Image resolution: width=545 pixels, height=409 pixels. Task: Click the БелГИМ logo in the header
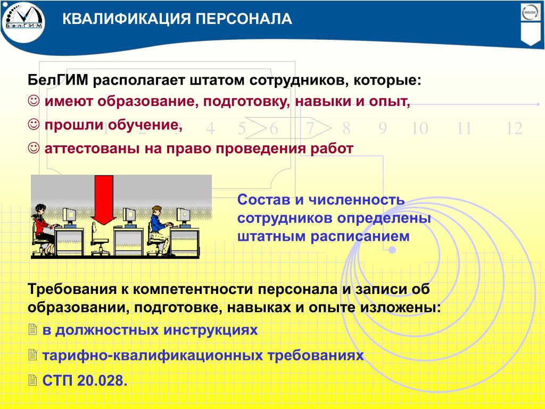pyautogui.click(x=23, y=21)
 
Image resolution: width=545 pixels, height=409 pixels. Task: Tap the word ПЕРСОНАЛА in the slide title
pyautogui.click(x=244, y=19)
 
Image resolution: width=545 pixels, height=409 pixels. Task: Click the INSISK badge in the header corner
pyautogui.click(x=530, y=13)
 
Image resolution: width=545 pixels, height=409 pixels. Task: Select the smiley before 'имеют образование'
pyautogui.click(x=34, y=101)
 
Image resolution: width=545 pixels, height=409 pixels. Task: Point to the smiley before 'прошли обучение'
pyautogui.click(x=34, y=125)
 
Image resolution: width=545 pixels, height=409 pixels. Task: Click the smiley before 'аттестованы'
pyautogui.click(x=34, y=148)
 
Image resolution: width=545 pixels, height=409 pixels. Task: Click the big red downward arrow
pyautogui.click(x=104, y=200)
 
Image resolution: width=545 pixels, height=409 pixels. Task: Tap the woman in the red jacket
pyautogui.click(x=43, y=229)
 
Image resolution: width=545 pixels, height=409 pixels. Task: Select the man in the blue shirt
pyautogui.click(x=159, y=230)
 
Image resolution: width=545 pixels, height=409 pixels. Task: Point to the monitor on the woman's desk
pyautogui.click(x=69, y=217)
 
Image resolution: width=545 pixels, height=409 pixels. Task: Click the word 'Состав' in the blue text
pyautogui.click(x=264, y=200)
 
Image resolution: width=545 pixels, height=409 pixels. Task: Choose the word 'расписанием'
pyautogui.click(x=360, y=236)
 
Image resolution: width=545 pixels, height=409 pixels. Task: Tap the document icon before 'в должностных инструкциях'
pyautogui.click(x=32, y=329)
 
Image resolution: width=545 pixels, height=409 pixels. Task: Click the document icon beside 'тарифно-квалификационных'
pyautogui.click(x=32, y=354)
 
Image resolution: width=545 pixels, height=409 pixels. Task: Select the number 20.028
pyautogui.click(x=102, y=380)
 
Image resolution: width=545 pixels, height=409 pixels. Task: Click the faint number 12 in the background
pyautogui.click(x=514, y=128)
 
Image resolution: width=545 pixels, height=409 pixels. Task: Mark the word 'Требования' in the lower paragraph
pyautogui.click(x=72, y=289)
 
